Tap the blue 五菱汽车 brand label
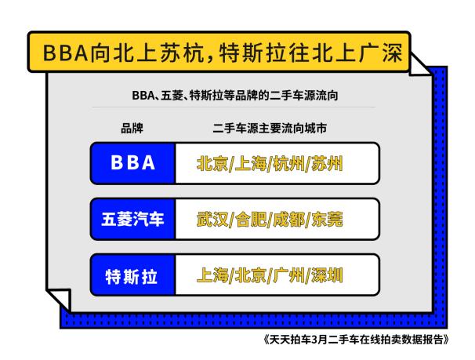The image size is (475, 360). coord(132,218)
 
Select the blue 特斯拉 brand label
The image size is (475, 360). coord(132,275)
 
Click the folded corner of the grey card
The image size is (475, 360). coord(59,299)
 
